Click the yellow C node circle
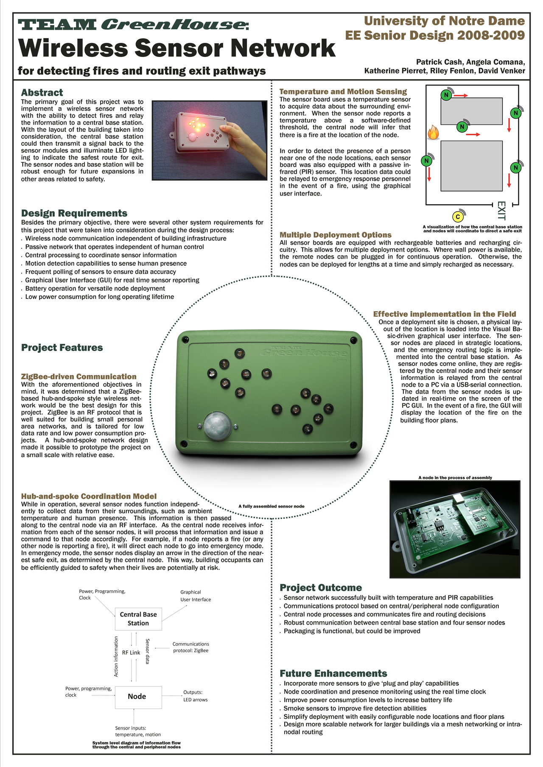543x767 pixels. [x=458, y=217]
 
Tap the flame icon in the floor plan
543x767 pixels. [x=433, y=132]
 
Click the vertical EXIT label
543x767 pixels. [x=501, y=211]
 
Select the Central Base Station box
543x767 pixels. [x=138, y=619]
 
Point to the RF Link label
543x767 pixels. [x=131, y=653]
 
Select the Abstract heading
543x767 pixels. [x=42, y=92]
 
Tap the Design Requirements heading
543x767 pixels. [x=74, y=213]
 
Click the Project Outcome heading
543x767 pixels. [x=321, y=587]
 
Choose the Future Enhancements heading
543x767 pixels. [x=333, y=673]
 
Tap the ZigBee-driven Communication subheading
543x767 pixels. [x=79, y=377]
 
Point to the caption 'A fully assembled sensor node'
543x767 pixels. [x=271, y=506]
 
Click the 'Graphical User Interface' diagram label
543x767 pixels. [x=196, y=596]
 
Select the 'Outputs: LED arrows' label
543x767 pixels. [x=196, y=696]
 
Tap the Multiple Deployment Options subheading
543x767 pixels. [x=336, y=235]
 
